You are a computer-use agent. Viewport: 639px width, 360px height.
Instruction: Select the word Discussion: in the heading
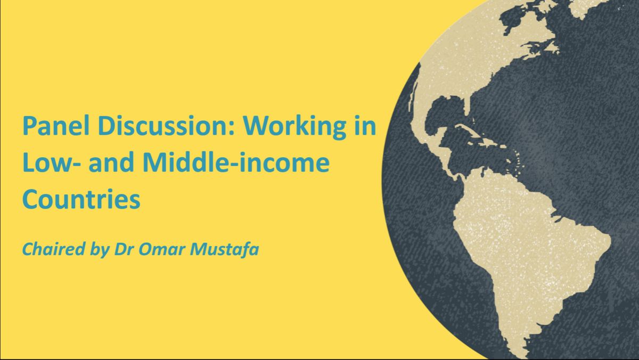166,126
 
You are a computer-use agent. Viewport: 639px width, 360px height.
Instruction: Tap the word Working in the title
294,128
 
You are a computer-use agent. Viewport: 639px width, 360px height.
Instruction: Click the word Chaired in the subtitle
54,249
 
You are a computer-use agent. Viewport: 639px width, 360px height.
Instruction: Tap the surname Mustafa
225,249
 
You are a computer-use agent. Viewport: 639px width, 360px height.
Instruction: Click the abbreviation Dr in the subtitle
124,249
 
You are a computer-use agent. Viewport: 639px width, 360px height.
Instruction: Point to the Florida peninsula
468,107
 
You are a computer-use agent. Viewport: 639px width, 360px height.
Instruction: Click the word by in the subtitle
100,250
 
